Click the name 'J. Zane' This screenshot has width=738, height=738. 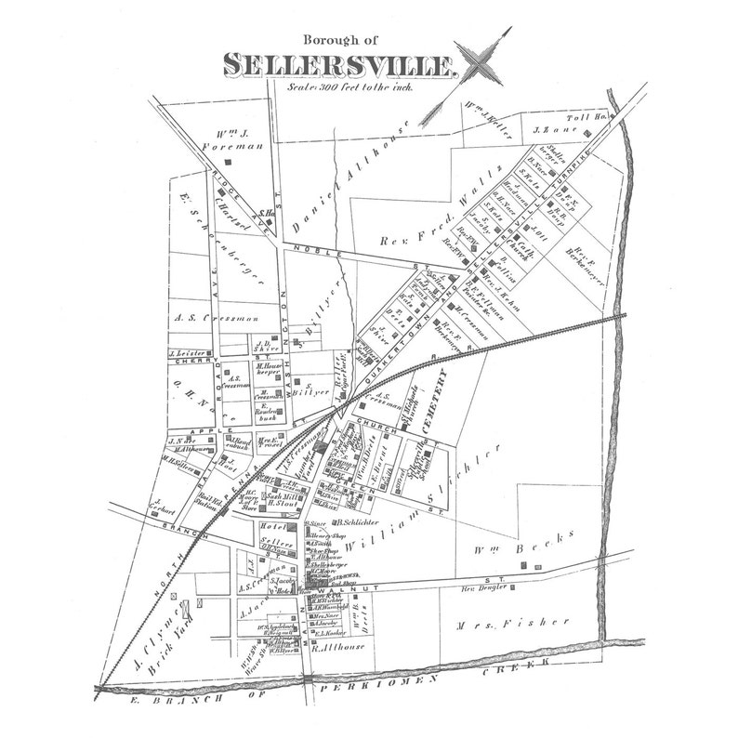[550, 130]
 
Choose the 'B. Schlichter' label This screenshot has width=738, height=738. [336, 525]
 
